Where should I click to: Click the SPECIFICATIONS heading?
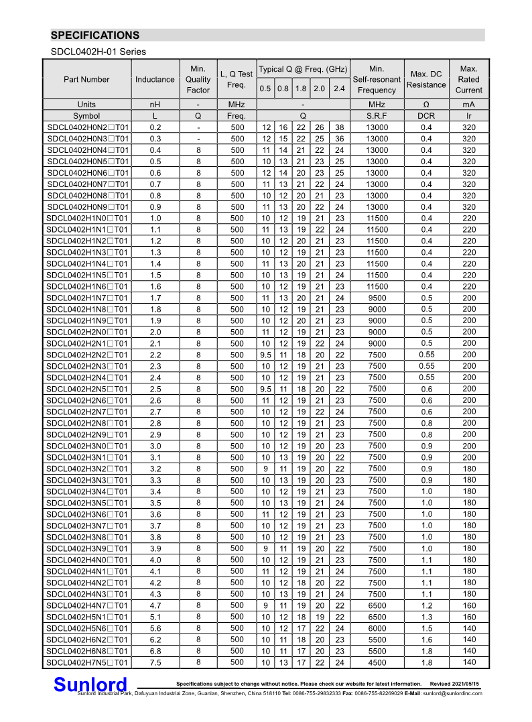tap(95, 36)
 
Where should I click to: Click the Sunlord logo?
tap(90, 684)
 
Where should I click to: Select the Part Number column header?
tap(86, 79)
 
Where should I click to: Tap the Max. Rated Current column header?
tap(468, 79)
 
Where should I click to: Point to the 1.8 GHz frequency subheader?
tap(301, 88)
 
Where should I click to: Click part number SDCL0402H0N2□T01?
tap(87, 127)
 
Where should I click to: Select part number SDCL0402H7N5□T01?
tap(87, 662)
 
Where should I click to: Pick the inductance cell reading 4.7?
tap(155, 605)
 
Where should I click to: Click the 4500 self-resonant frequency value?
tap(377, 662)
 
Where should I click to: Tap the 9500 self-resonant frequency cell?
tap(377, 298)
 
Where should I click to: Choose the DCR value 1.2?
tap(426, 605)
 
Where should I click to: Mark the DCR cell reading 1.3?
tap(426, 617)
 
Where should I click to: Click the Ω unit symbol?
tap(426, 105)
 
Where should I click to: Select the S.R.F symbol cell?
tap(377, 116)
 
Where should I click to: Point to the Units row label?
tap(86, 105)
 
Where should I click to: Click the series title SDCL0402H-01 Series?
tap(98, 52)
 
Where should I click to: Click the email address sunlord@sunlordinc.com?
tap(452, 693)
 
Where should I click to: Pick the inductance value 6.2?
tap(155, 640)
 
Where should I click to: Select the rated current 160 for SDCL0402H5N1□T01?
tap(468, 617)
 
